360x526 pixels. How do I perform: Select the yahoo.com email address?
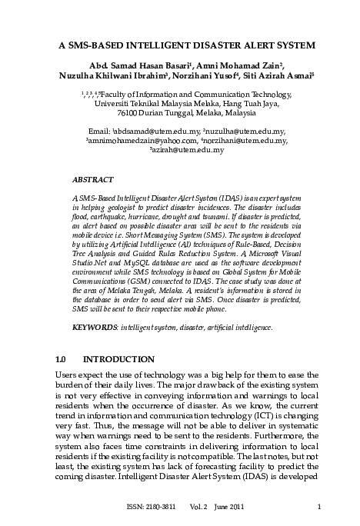click(x=158, y=141)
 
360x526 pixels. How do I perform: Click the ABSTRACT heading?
click(x=92, y=179)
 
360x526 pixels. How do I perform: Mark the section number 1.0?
click(x=64, y=359)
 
